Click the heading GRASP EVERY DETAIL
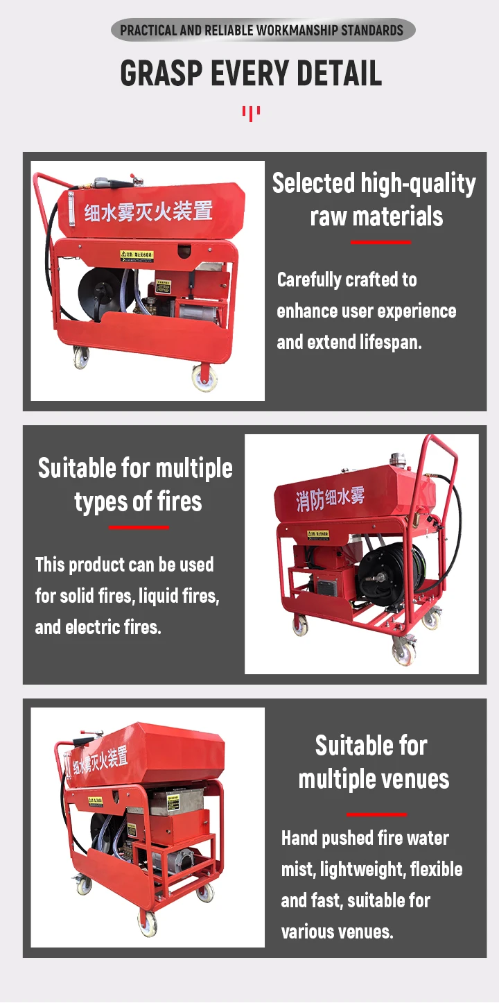[251, 74]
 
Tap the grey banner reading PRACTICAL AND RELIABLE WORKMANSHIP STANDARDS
[262, 30]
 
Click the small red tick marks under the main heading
[251, 112]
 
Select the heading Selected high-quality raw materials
[374, 200]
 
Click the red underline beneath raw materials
[380, 242]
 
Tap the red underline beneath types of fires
[139, 527]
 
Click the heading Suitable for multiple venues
[373, 762]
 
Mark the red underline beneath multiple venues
[376, 814]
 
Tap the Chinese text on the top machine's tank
[148, 209]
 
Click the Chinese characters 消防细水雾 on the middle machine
[330, 499]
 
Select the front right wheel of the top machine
[204, 377]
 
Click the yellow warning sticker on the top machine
[137, 255]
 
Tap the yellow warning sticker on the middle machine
[318, 534]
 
